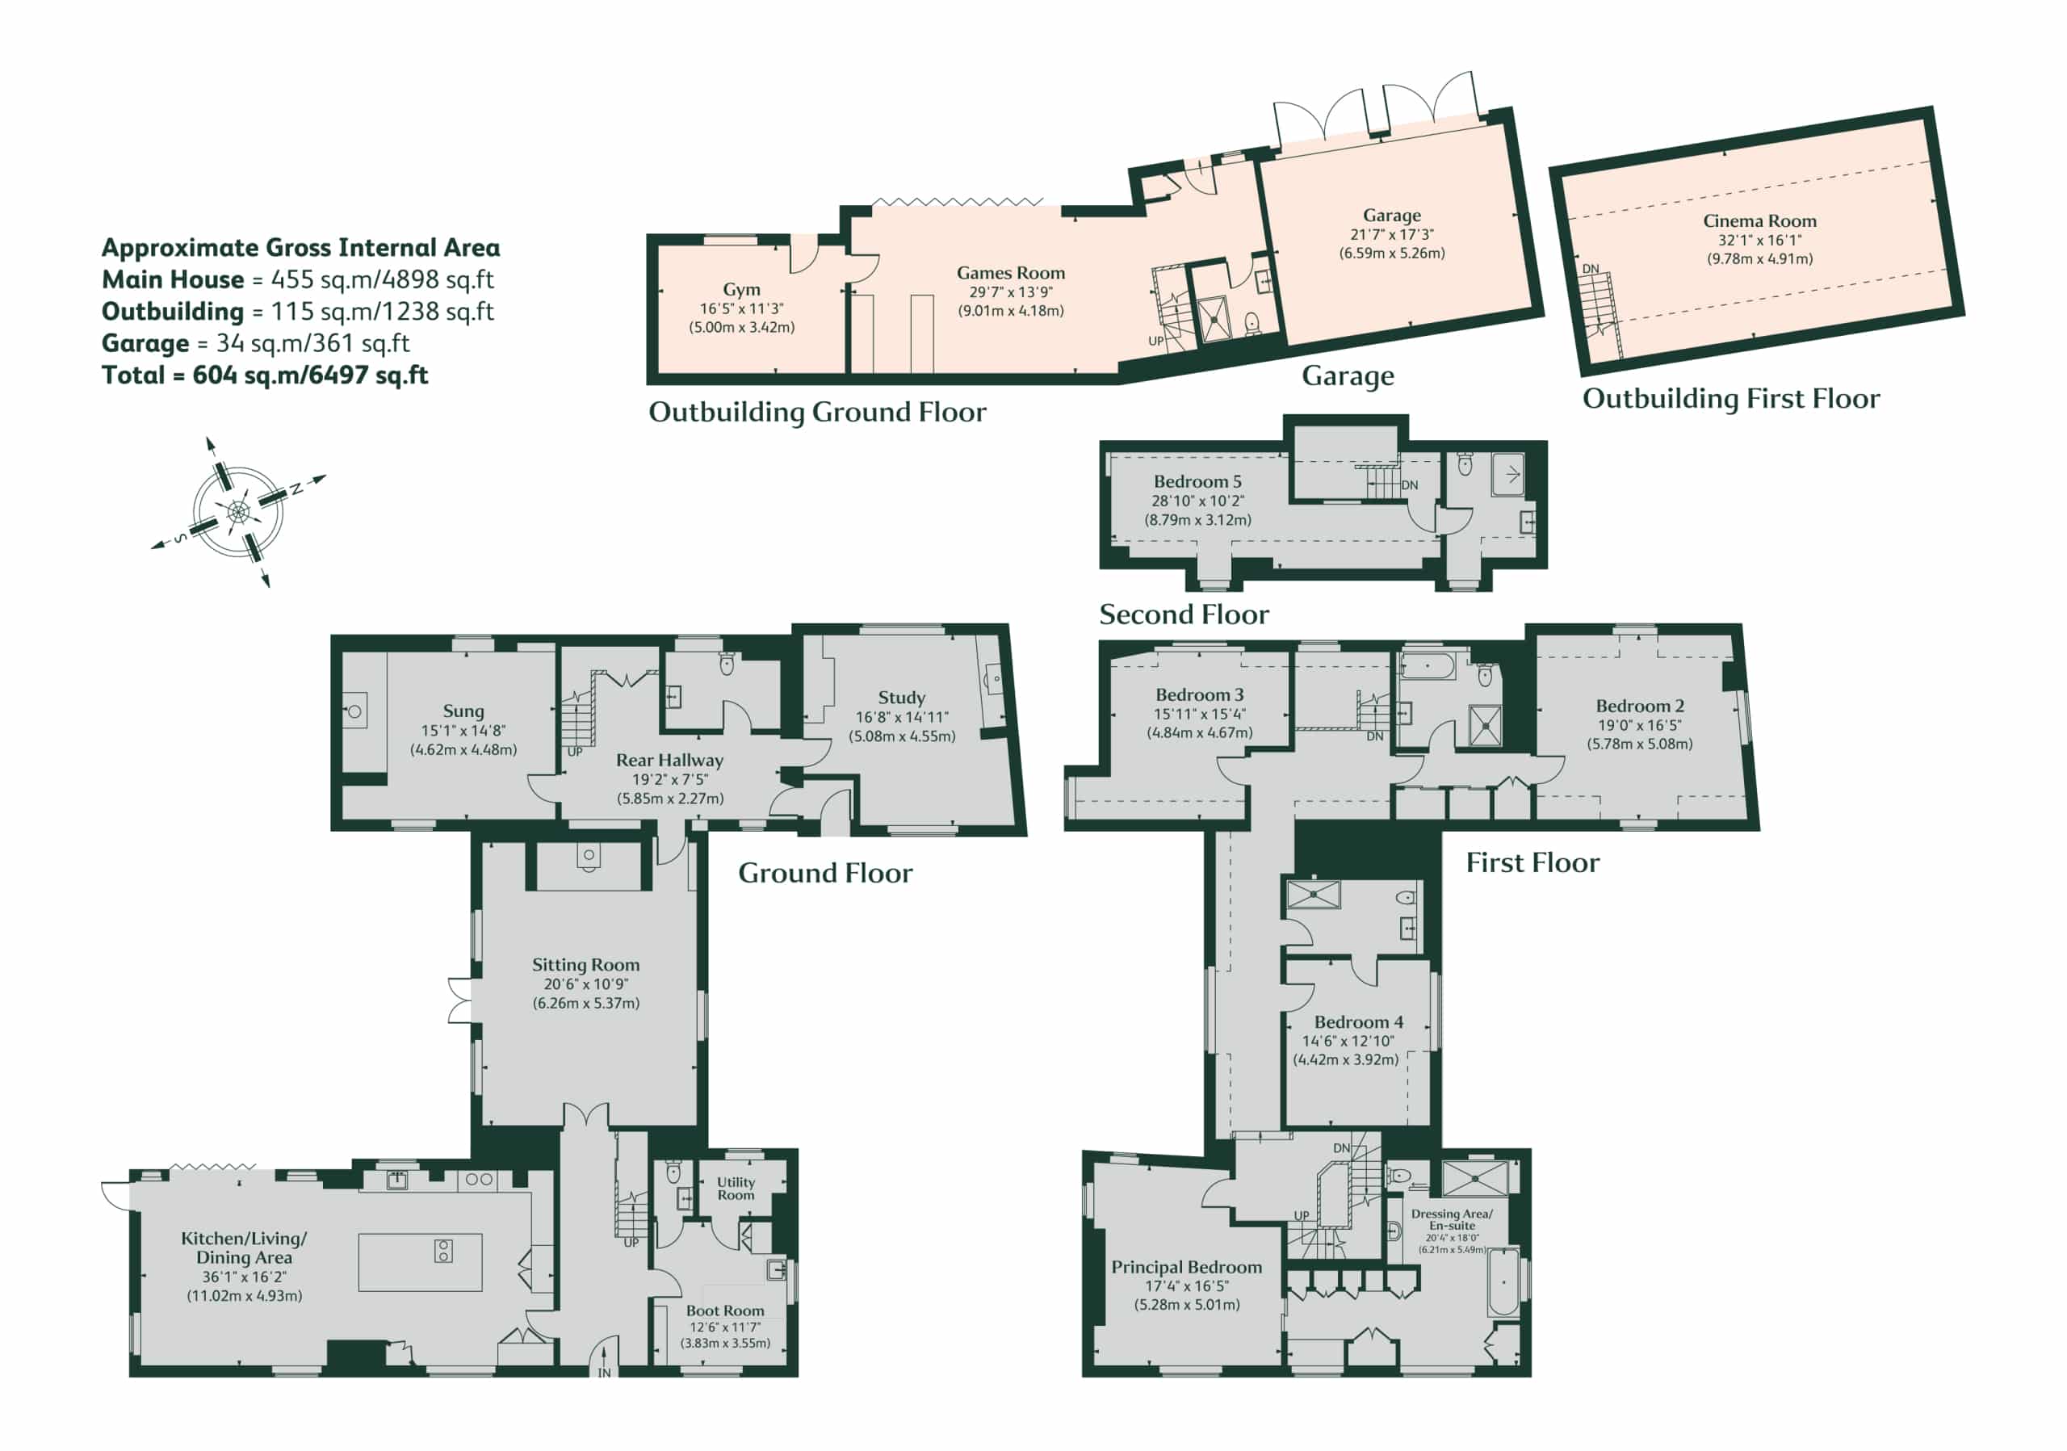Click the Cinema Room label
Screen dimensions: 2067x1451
point(1759,220)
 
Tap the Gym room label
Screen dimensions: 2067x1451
point(742,290)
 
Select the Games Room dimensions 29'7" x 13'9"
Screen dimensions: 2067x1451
point(1010,291)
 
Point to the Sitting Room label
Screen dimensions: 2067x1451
point(585,965)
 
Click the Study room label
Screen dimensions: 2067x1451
point(901,698)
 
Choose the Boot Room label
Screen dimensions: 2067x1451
point(725,1311)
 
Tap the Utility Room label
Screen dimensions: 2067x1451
point(736,1188)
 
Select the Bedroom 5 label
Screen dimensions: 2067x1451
point(1197,481)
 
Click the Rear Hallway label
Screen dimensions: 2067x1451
point(669,761)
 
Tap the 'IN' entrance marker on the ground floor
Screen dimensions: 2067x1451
point(604,1373)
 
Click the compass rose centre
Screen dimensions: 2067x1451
point(237,512)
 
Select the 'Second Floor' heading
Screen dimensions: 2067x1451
point(1184,614)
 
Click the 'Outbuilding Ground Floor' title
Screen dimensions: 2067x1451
point(817,413)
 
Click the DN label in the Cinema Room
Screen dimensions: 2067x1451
point(1591,268)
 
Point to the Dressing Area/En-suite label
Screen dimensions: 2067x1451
point(1451,1220)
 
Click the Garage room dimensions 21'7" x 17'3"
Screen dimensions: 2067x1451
point(1392,234)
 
